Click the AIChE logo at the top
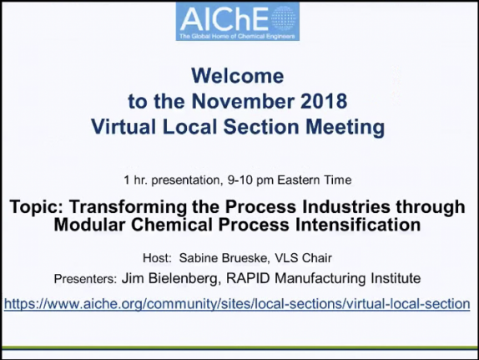click(x=237, y=21)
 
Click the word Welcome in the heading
click(x=238, y=76)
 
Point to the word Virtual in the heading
click(x=124, y=127)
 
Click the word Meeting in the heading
click(x=345, y=127)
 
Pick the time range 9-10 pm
click(x=250, y=180)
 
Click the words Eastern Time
click(x=315, y=180)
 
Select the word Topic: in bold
click(x=37, y=207)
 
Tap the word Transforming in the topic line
click(x=128, y=207)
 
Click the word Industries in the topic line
click(x=346, y=206)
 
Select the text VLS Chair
click(x=303, y=258)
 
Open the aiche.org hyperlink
click(x=237, y=304)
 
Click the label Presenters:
click(x=85, y=279)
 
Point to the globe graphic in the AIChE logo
click(x=283, y=18)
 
